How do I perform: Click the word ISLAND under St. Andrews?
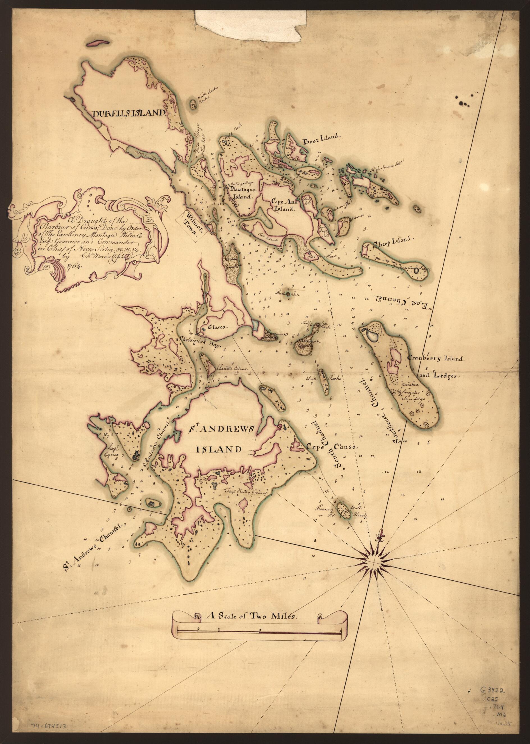pos(219,450)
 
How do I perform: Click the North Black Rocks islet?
pos(193,105)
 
